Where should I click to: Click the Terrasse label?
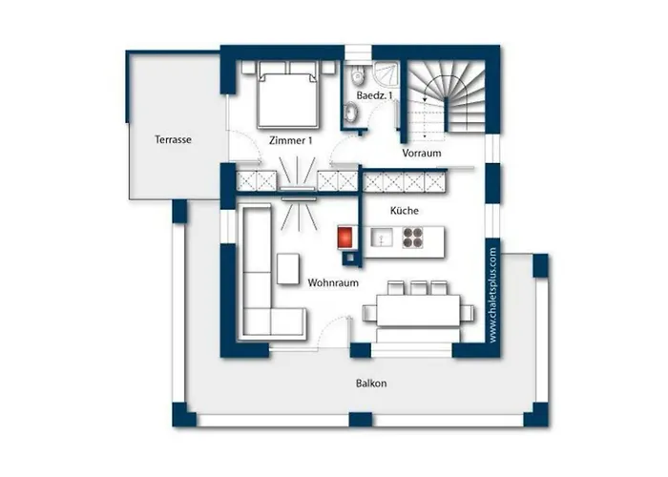[173, 139]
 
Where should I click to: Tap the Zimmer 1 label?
[290, 140]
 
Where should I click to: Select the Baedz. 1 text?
[374, 95]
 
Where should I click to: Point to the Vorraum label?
[422, 153]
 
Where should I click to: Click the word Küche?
[405, 211]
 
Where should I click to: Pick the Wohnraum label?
[333, 282]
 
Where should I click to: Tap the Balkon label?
[371, 384]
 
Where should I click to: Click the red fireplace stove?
[345, 238]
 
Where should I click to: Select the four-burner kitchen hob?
[413, 238]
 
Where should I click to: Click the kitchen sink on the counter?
[382, 238]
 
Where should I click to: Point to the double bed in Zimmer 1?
[288, 94]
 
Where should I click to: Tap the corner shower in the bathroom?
[386, 74]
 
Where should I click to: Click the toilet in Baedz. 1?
[357, 74]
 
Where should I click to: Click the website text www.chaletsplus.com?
[493, 295]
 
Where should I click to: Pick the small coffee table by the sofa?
[288, 269]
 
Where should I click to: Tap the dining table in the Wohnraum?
[418, 310]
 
